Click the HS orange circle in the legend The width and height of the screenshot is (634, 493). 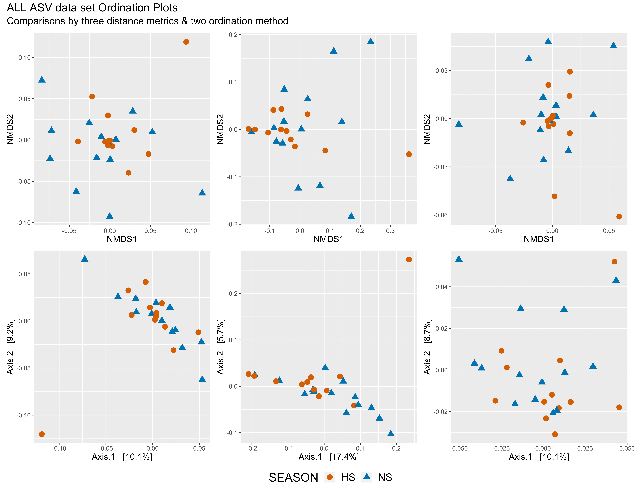pyautogui.click(x=330, y=477)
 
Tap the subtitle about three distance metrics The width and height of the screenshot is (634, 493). pyautogui.click(x=147, y=21)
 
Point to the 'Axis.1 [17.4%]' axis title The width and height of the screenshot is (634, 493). pyautogui.click(x=329, y=457)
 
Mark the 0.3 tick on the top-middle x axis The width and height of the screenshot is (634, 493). pyautogui.click(x=390, y=231)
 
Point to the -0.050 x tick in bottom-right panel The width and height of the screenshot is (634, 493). pyautogui.click(x=459, y=449)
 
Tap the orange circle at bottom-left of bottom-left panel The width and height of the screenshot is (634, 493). pyautogui.click(x=42, y=434)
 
